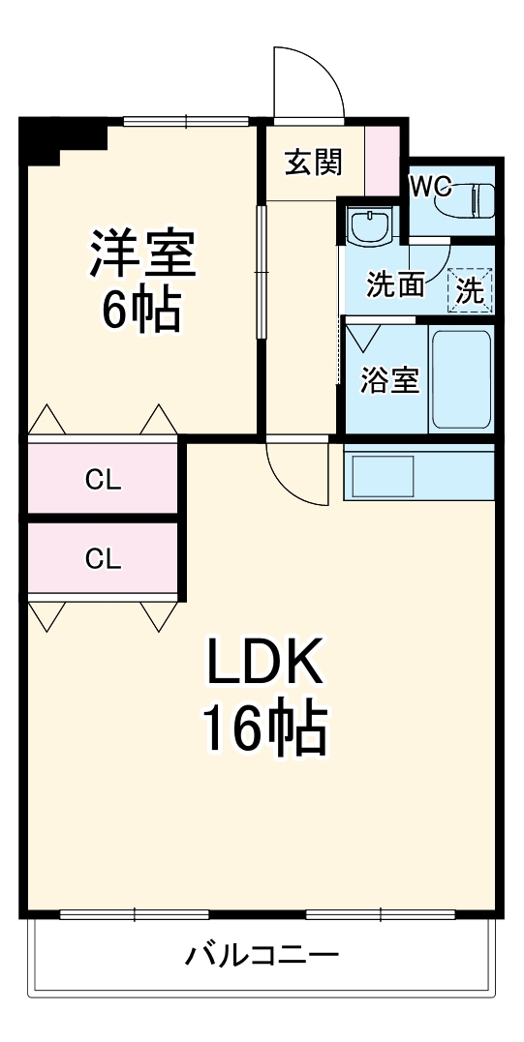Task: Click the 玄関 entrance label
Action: tap(313, 163)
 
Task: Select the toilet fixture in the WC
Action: tap(469, 200)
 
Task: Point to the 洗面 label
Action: tap(395, 284)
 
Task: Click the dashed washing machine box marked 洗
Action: tap(470, 289)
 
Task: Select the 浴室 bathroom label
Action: tap(389, 380)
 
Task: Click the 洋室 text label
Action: tap(143, 254)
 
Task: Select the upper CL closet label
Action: tap(103, 479)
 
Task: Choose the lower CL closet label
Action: tap(103, 558)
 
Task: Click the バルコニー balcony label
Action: tap(262, 957)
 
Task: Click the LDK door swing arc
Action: tap(295, 476)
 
